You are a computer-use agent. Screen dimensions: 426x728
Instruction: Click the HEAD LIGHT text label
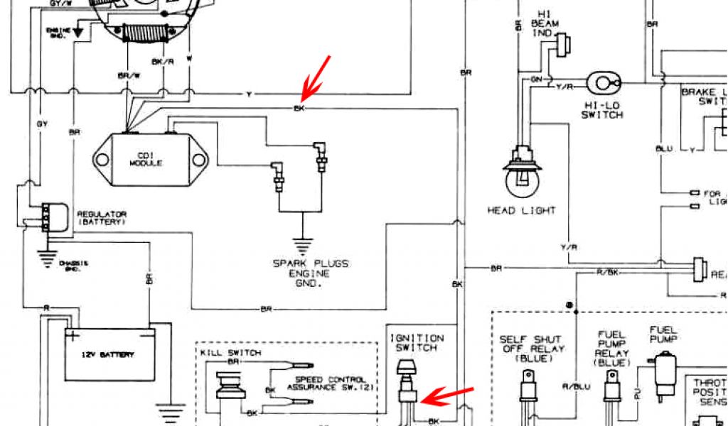(x=521, y=211)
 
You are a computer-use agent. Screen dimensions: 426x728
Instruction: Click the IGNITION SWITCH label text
(x=416, y=343)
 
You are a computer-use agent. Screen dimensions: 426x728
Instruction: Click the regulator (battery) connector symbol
(x=51, y=217)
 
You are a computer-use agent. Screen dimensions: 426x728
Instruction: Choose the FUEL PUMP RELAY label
(x=612, y=348)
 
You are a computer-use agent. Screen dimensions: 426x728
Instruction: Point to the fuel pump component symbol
(x=666, y=372)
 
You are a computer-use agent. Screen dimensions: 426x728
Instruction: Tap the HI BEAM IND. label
(x=545, y=23)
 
